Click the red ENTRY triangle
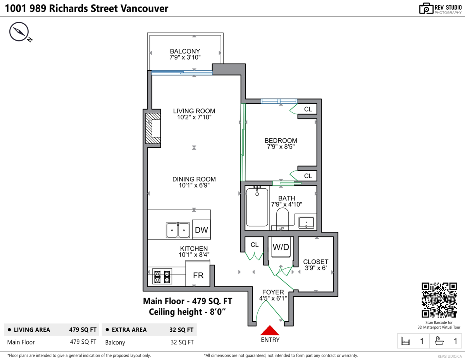click(x=270, y=330)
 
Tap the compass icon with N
click(x=18, y=32)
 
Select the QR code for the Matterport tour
click(x=439, y=300)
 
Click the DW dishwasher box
click(x=201, y=230)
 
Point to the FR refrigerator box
click(x=198, y=276)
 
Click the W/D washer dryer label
click(x=281, y=247)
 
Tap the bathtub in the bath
click(x=257, y=207)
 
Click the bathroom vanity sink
click(x=307, y=223)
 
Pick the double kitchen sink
click(x=178, y=230)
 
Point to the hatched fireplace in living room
click(x=152, y=128)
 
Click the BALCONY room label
click(x=185, y=51)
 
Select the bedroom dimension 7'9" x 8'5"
click(x=281, y=147)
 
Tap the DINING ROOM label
click(x=194, y=179)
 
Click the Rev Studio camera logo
click(x=426, y=9)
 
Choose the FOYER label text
click(x=273, y=292)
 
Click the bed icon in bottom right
click(x=405, y=341)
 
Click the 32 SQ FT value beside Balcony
click(x=182, y=342)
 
